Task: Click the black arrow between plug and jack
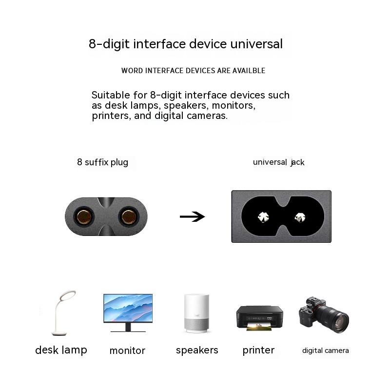[x=192, y=216]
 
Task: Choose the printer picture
[x=259, y=317]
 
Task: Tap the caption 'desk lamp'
[x=61, y=350]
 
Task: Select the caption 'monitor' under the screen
[x=127, y=351]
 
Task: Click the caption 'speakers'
[x=197, y=350]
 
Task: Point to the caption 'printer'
[x=258, y=350]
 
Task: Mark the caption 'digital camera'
[x=325, y=351]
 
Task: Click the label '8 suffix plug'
[x=102, y=162]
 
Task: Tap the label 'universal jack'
[x=278, y=162]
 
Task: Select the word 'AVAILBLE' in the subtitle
[x=249, y=71]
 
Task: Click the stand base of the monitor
[x=128, y=331]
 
